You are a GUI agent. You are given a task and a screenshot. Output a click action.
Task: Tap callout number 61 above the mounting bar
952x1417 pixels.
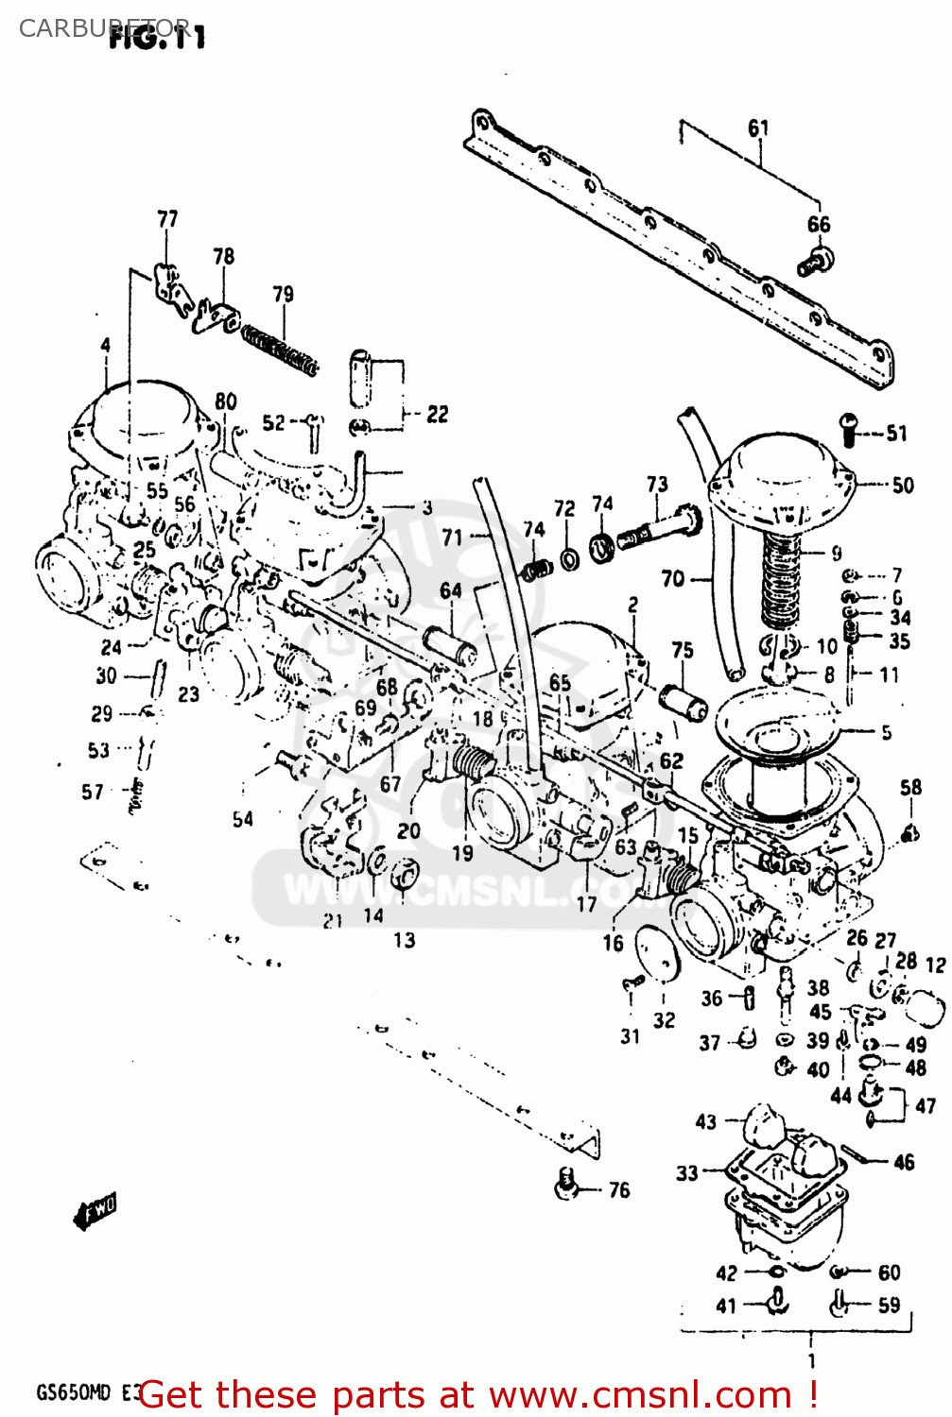click(758, 128)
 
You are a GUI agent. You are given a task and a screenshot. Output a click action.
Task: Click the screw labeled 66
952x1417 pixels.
click(814, 262)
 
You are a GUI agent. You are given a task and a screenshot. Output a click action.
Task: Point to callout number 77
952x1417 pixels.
click(167, 219)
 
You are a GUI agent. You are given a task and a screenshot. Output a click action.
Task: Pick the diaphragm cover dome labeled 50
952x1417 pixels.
click(783, 472)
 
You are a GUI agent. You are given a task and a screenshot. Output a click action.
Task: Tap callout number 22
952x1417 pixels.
click(437, 414)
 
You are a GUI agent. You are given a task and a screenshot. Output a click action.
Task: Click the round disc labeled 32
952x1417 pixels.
click(657, 957)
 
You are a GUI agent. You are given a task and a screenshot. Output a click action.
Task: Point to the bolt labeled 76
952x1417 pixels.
click(567, 1183)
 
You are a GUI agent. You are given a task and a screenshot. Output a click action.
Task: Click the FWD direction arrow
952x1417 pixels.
click(95, 1210)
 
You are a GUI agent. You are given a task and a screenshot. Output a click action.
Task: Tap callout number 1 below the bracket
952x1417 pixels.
click(811, 1360)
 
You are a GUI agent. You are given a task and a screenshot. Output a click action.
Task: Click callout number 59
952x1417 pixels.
click(889, 1305)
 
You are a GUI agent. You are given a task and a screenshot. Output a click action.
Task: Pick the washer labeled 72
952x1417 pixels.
click(570, 559)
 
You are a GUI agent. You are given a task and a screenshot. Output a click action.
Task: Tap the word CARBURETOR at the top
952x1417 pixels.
click(104, 27)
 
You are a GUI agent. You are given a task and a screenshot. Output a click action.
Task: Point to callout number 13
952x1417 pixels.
click(404, 940)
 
